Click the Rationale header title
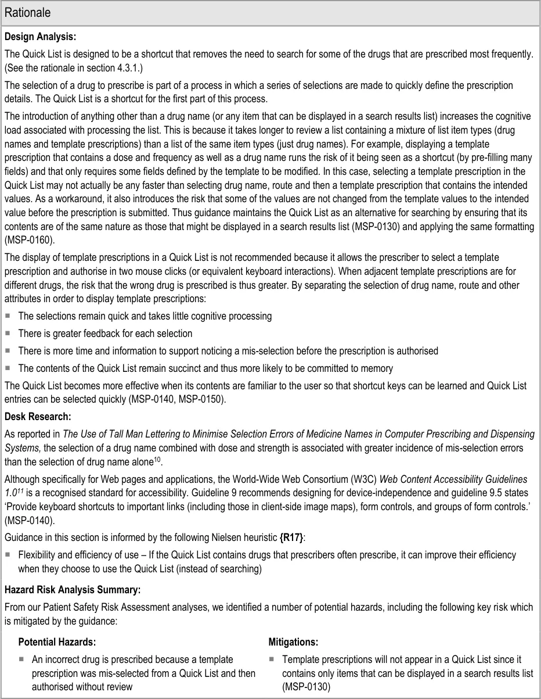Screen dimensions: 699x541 [27, 12]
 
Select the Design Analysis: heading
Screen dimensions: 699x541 [40, 37]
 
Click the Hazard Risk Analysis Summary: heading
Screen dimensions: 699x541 [73, 590]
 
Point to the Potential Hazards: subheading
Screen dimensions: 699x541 [57, 642]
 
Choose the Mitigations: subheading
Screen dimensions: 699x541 [293, 642]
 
